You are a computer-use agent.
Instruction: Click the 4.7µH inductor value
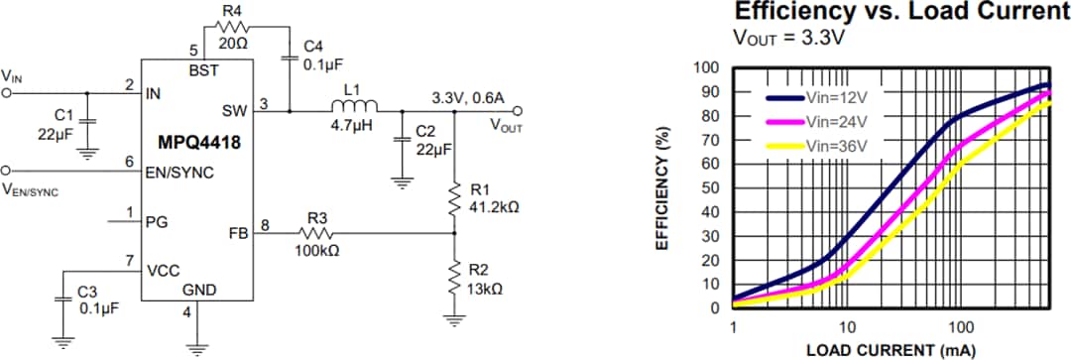(x=352, y=126)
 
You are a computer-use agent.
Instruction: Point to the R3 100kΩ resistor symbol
(x=317, y=233)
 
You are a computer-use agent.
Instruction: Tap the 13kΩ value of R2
(x=485, y=289)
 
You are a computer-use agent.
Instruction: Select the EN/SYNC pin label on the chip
(x=179, y=173)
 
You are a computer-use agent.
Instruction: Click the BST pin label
(x=203, y=69)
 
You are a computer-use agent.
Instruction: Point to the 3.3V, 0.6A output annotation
(x=468, y=98)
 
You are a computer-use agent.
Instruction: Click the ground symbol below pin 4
(x=196, y=346)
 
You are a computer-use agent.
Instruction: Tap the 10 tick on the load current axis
(x=845, y=326)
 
